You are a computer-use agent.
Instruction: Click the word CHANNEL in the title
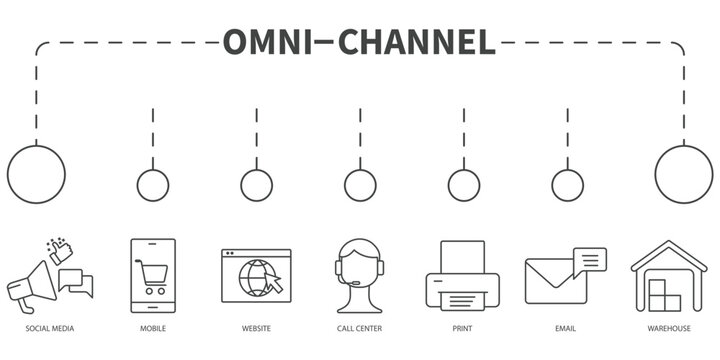point(417,41)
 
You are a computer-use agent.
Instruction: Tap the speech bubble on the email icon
point(590,259)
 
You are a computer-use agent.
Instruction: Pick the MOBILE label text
point(153,328)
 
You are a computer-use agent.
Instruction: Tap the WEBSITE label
point(256,328)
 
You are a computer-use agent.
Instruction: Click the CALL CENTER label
point(360,328)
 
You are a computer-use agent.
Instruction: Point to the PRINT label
point(463,328)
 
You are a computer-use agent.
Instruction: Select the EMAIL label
point(567,328)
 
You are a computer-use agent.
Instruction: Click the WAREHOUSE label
point(668,328)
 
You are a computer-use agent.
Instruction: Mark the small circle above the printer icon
point(464,185)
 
